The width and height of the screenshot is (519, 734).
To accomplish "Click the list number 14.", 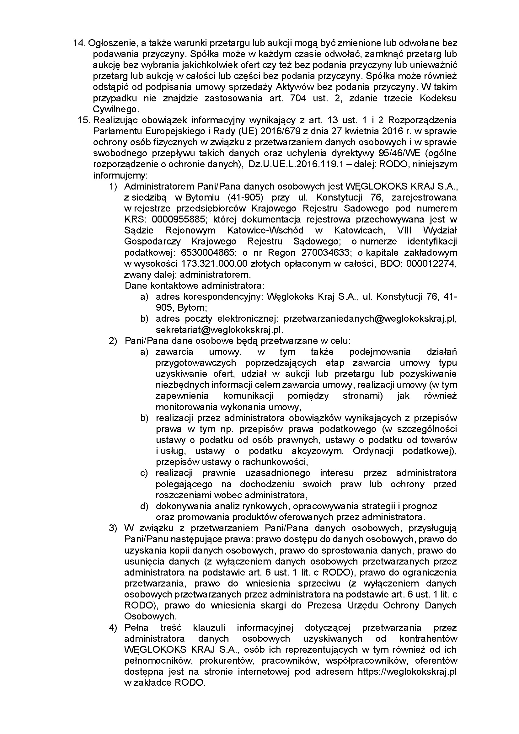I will point(80,43).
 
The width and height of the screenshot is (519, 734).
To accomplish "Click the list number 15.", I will point(84,121).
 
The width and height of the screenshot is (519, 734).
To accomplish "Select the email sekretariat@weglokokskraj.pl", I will point(219,329).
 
